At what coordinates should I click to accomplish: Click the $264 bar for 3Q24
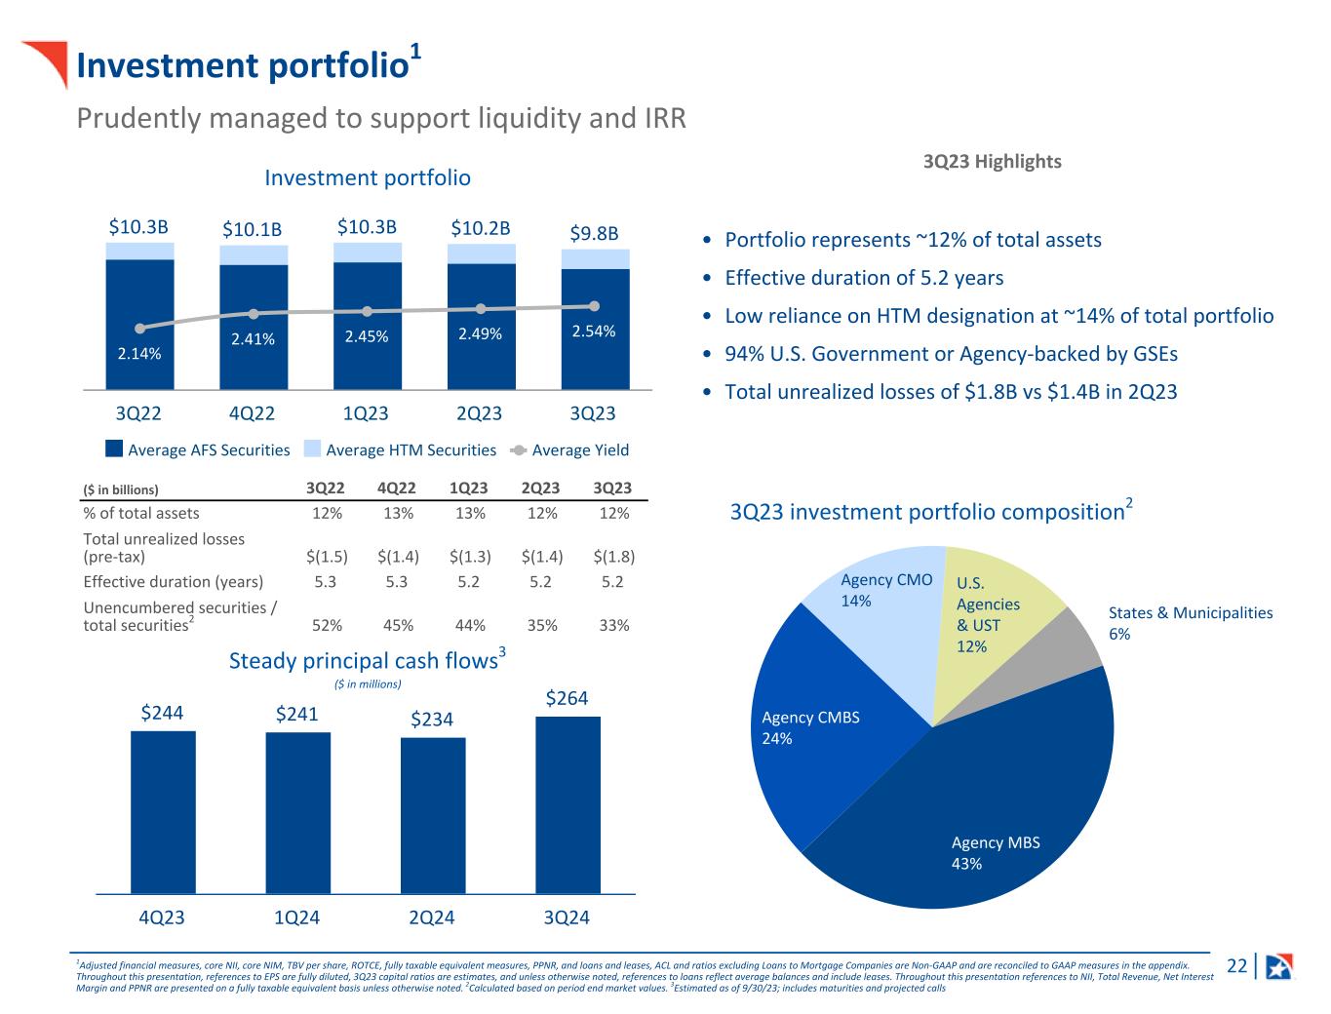pos(568,804)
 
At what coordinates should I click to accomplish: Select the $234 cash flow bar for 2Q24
pos(433,815)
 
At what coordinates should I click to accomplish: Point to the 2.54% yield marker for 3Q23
pos(594,306)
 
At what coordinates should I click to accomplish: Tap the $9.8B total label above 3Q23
pos(594,234)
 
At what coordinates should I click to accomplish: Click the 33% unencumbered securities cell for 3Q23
pos(614,625)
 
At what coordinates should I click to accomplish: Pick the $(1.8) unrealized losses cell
pos(614,557)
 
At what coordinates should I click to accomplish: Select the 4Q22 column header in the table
pos(398,487)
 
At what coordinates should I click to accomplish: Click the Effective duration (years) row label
pos(174,582)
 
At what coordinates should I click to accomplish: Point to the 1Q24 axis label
pos(297,917)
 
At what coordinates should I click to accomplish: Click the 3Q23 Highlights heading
pos(992,162)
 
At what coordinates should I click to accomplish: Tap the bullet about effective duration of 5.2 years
pos(864,278)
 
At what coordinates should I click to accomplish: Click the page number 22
pos(1236,966)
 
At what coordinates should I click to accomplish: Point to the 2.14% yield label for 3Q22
pos(139,354)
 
